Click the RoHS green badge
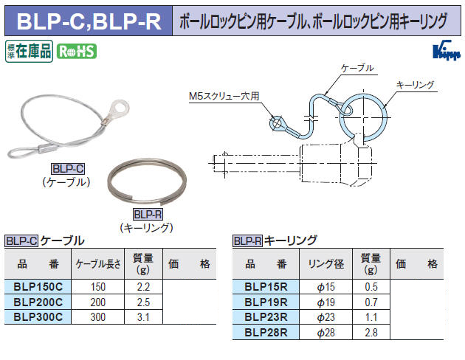pos(77,51)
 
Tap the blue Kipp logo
pos(447,50)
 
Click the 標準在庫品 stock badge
pos(29,51)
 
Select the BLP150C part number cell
pos(38,286)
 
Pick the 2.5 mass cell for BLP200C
pos(143,302)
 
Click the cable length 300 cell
pos(98,317)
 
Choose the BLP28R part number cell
pos(266,332)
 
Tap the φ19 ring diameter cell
pos(326,302)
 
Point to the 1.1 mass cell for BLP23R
pos(371,317)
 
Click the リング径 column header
pos(326,263)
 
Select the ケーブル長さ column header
pos(98,263)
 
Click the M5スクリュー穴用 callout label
pos(224,96)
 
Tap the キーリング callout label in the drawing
pos(415,85)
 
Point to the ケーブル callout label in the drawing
pos(357,68)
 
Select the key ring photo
pos(147,181)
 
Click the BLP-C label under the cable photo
pos(68,169)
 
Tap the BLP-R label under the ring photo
pos(148,214)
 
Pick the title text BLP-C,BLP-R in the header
pos(89,21)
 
